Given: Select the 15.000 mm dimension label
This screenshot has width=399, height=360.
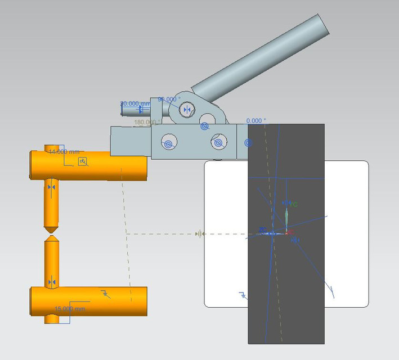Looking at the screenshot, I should pos(70,309).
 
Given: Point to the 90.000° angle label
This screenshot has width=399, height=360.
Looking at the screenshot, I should pos(169,99).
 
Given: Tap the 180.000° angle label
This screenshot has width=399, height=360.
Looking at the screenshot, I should pos(147,121).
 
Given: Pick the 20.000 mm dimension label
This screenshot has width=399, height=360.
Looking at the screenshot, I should pos(135,103).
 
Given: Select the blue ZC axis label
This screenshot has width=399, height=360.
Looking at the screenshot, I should pos(262,229).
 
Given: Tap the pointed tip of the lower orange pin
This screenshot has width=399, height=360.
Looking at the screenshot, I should pos(51,237).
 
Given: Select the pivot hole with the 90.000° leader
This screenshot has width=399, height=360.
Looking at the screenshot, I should pos(187,109).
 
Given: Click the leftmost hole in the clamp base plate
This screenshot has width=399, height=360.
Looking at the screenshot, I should pos(168,143).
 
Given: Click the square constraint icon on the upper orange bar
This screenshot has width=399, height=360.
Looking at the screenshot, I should pos(83,162).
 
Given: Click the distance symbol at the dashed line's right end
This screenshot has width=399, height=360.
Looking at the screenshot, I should pos(199,233).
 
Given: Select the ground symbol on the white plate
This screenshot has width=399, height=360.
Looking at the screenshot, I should pos(243,295).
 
